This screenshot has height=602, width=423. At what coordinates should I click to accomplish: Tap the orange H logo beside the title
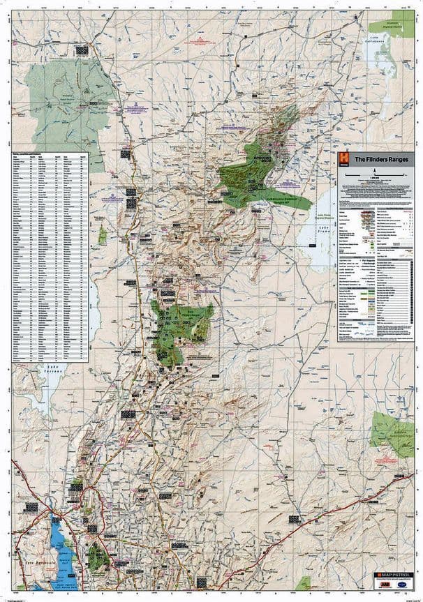pyautogui.click(x=343, y=158)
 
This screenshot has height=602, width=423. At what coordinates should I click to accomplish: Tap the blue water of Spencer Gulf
pyautogui.click(x=58, y=538)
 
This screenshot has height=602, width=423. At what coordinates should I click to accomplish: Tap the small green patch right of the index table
pyautogui.click(x=103, y=236)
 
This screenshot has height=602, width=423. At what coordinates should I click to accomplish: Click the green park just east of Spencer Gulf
pyautogui.click(x=98, y=557)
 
